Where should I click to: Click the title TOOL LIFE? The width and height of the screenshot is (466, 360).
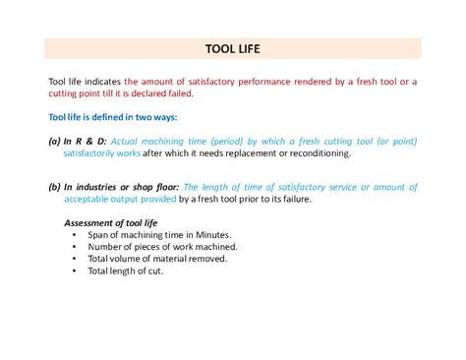232,48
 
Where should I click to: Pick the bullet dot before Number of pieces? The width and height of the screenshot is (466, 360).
75,247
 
